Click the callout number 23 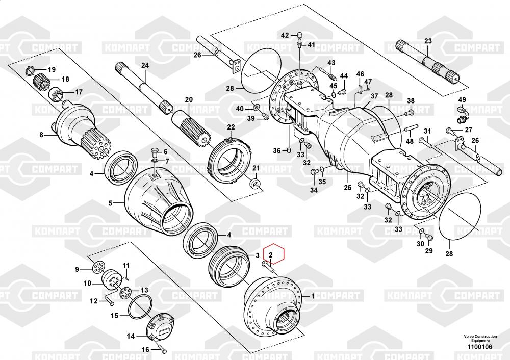click(x=428, y=41)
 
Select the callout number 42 click(x=286, y=35)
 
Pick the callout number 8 click(x=42, y=135)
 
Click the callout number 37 click(x=374, y=96)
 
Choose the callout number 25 click(x=347, y=188)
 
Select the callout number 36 click(x=277, y=150)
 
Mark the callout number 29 click(x=429, y=251)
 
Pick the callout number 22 click(x=231, y=127)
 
